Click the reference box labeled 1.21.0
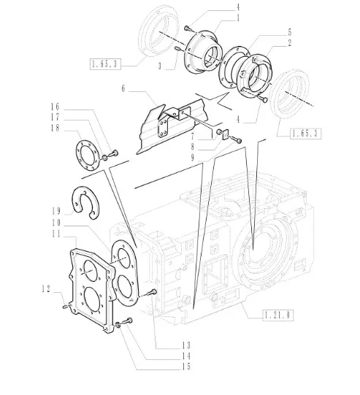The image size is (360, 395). click(x=278, y=315)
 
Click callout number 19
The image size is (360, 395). click(x=56, y=211)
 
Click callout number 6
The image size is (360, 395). click(x=123, y=88)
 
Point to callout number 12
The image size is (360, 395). click(x=46, y=288)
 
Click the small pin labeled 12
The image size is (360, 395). click(x=65, y=307)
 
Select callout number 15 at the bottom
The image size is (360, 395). click(x=186, y=367)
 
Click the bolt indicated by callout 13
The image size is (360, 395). click(x=153, y=292)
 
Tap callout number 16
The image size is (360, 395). click(x=55, y=107)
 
